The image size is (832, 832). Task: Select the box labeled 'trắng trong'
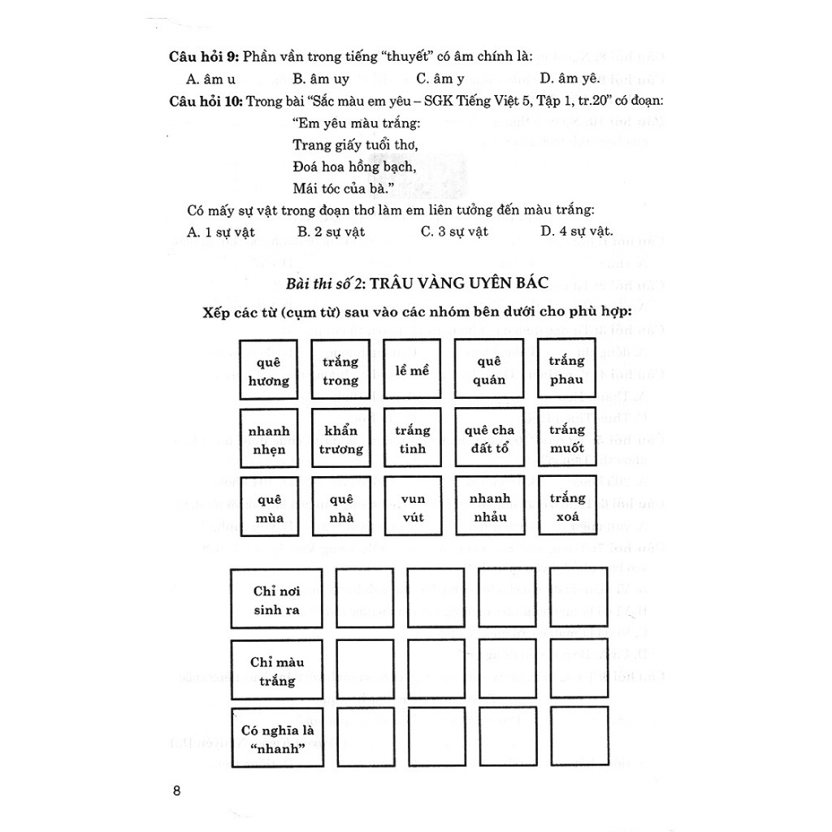click(340, 370)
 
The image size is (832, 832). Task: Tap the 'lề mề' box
click(411, 370)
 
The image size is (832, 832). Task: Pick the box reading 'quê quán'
click(490, 370)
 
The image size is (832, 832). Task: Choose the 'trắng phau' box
click(566, 370)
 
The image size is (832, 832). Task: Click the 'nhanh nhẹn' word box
click(269, 439)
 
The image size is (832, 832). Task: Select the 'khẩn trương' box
click(340, 439)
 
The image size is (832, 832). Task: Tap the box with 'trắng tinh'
click(411, 439)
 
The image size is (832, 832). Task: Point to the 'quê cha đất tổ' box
click(490, 439)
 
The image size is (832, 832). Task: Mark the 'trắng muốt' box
click(566, 439)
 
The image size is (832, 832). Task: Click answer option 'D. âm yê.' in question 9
click(569, 79)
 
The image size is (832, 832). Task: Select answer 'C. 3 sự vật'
click(454, 232)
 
